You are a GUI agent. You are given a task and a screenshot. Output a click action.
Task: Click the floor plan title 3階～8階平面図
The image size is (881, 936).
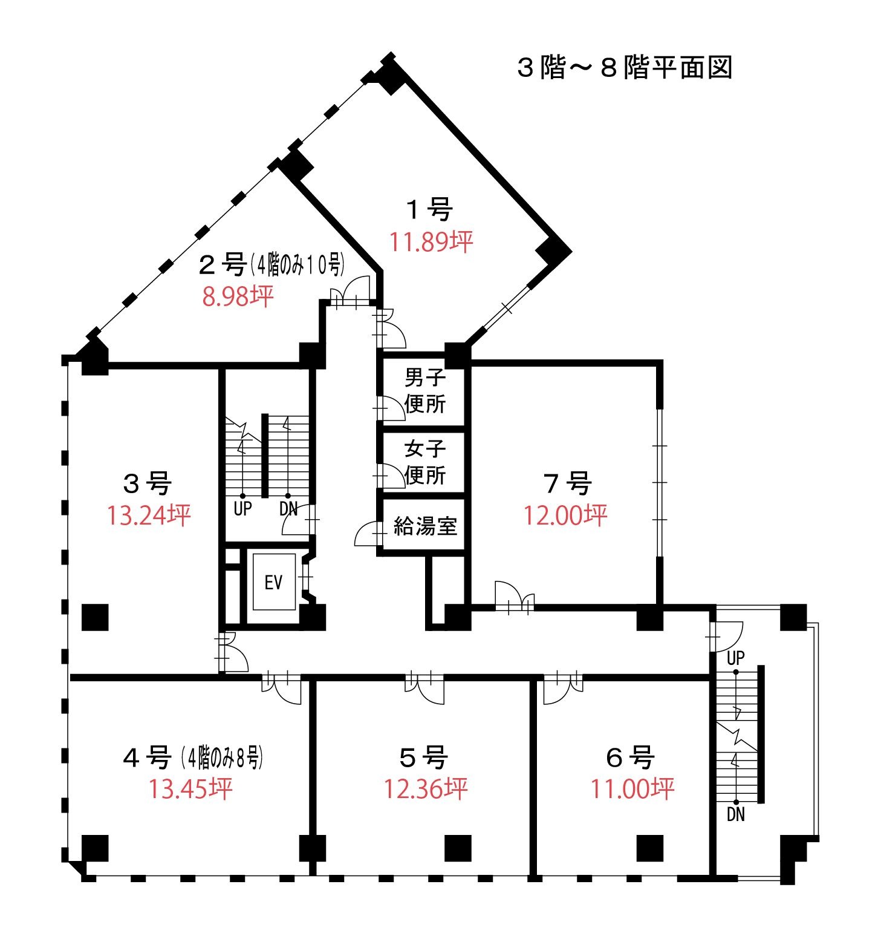pos(625,67)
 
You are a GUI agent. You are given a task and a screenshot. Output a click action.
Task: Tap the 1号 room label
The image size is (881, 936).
pos(430,210)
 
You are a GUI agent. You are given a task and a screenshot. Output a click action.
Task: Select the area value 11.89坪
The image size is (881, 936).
pos(431,242)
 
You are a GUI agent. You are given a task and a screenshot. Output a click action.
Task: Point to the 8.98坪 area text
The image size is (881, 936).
pos(238,296)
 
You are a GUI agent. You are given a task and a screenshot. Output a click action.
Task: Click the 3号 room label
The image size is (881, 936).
pos(148,483)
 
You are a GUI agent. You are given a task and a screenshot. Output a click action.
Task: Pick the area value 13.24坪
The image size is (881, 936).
pos(149,515)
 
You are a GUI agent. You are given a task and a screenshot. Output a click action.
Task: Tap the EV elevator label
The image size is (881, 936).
pos(273,582)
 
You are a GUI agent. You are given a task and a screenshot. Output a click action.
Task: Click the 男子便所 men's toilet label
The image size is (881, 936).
pos(425,391)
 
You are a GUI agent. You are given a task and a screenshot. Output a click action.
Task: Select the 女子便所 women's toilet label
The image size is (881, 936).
pos(425,462)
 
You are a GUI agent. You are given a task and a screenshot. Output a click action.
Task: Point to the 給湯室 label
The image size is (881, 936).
pos(425,526)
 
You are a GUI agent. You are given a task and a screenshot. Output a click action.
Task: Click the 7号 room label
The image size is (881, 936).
pos(567,483)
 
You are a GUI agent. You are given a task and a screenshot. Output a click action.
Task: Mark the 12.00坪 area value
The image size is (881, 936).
pos(565,515)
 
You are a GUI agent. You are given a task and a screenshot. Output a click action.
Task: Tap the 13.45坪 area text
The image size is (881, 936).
pos(190,789)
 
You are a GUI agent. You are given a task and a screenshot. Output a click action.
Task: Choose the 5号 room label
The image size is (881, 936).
pos(424,758)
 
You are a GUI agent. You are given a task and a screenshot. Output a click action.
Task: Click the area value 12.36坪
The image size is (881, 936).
pos(426,789)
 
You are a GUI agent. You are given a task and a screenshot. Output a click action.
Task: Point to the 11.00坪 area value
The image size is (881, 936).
pos(632,789)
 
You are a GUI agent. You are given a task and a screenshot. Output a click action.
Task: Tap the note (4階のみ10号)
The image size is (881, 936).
pos(297,264)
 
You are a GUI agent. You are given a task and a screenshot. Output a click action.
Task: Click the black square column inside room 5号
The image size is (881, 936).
pos(458,848)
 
